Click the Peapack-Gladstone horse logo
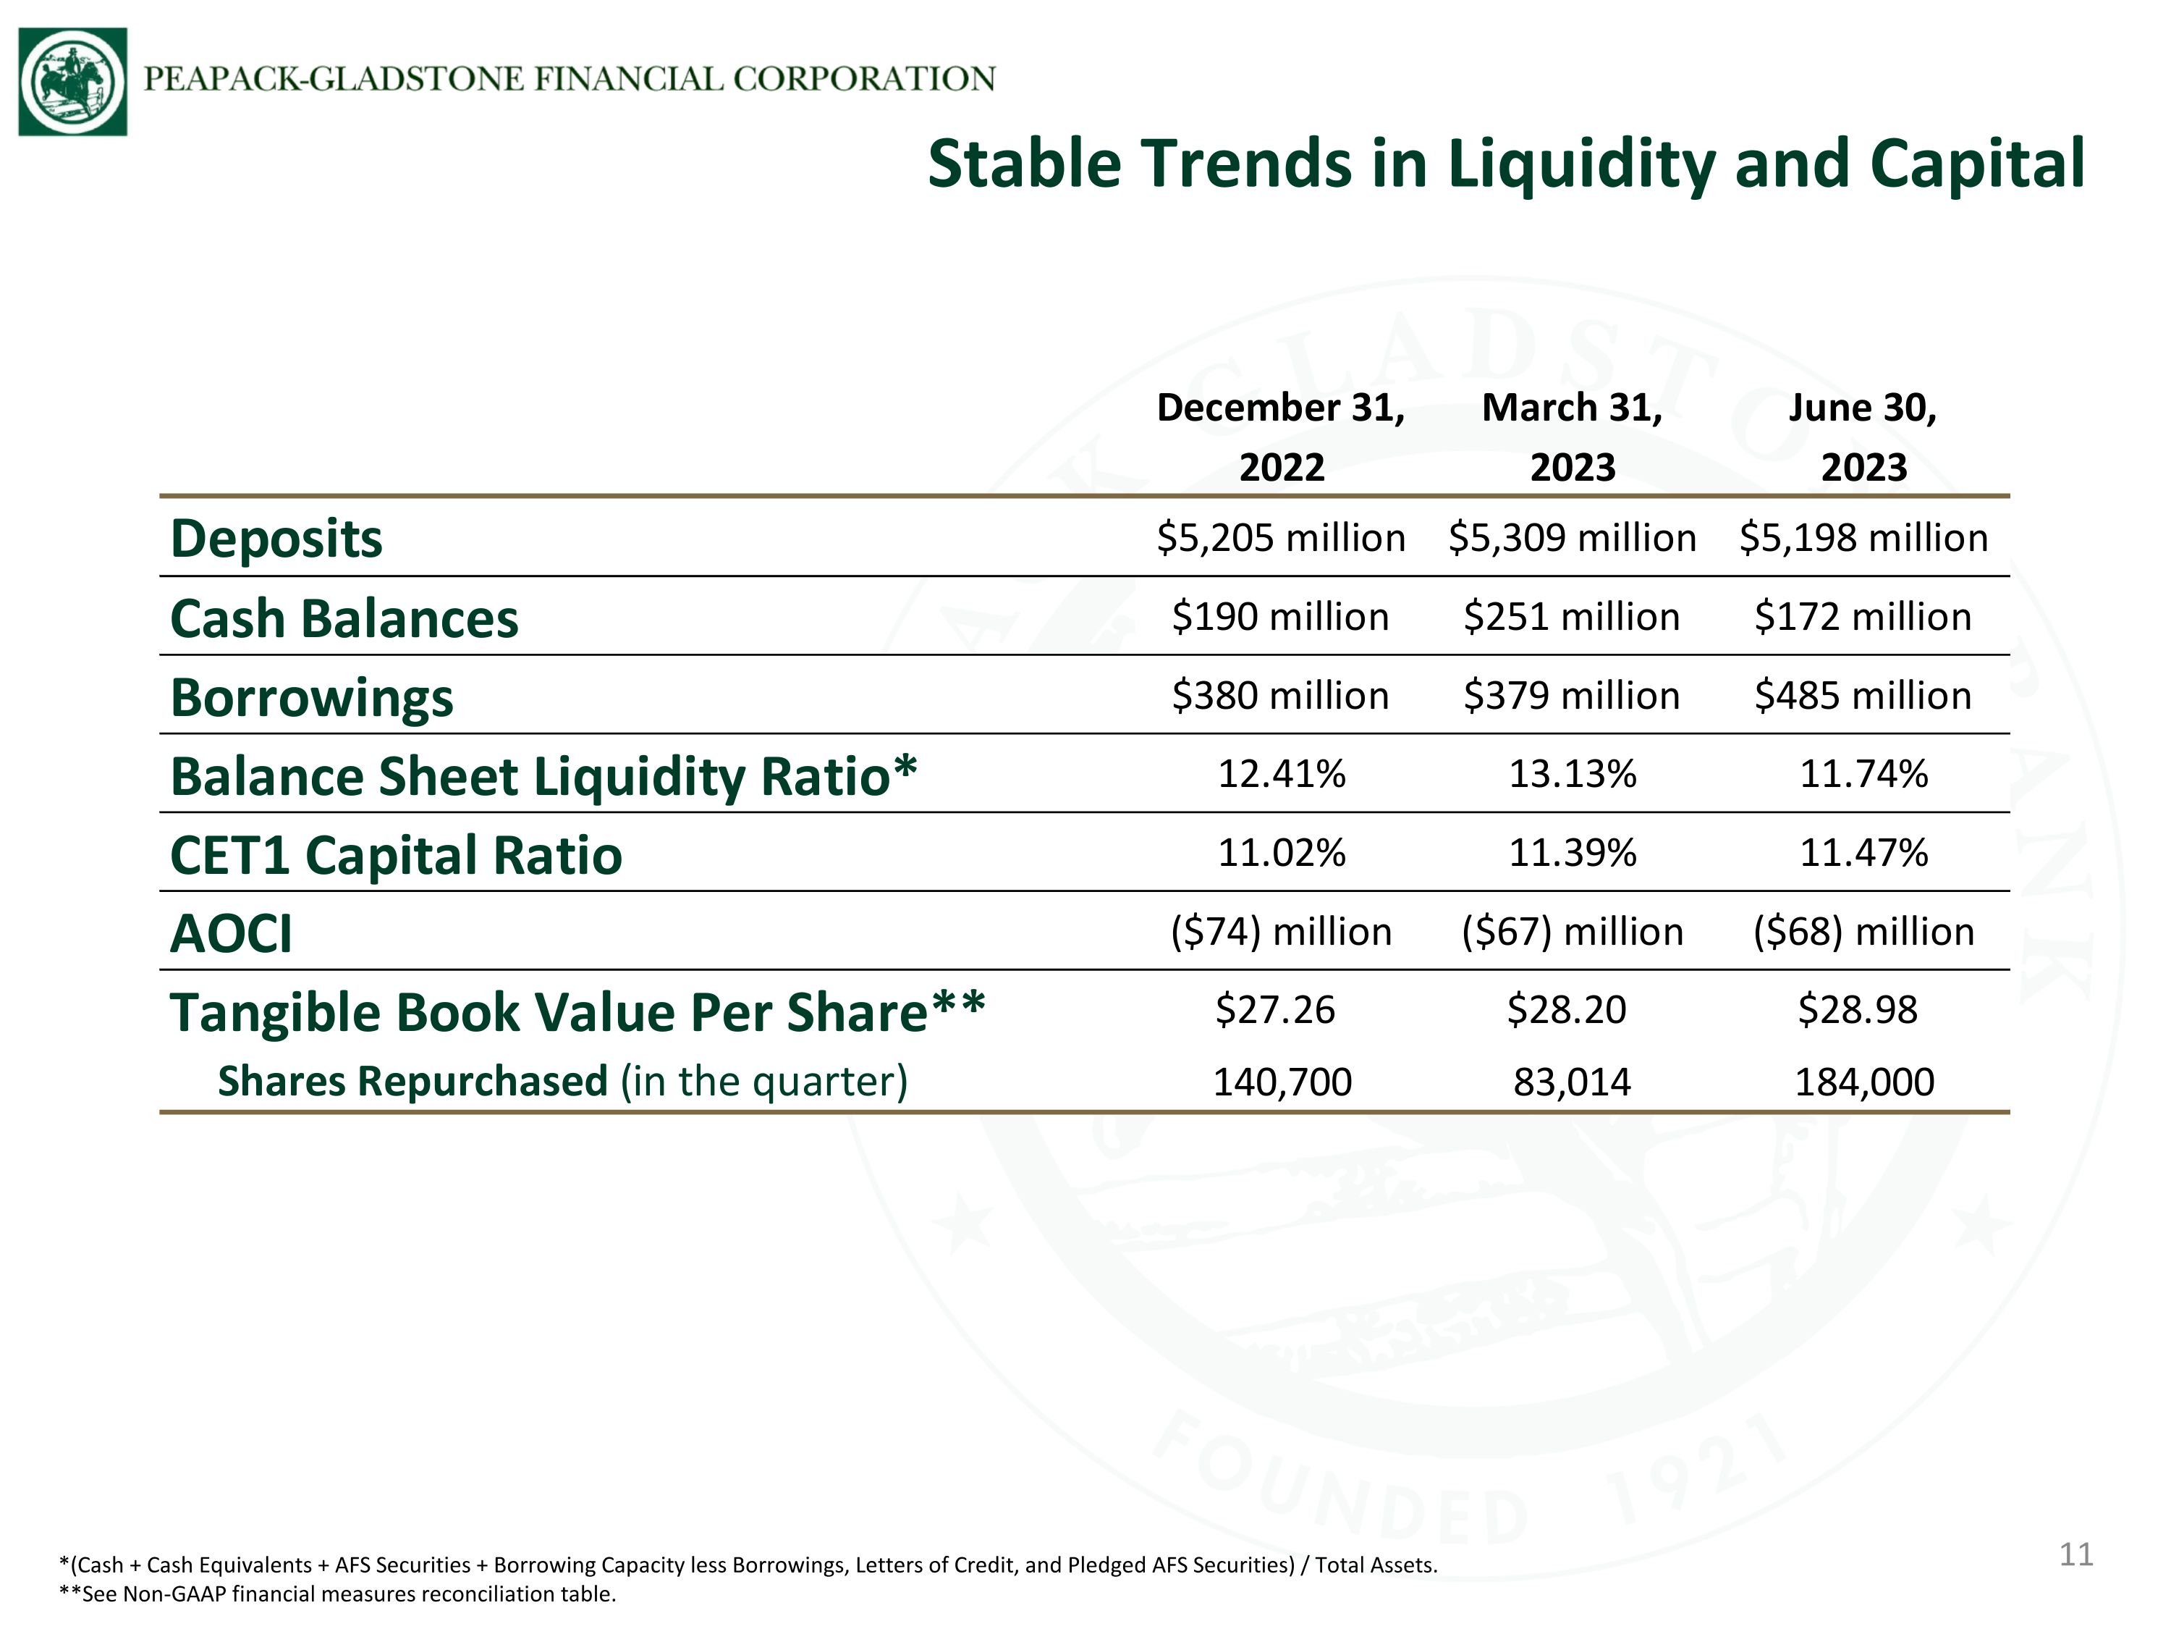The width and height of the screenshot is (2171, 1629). point(72,82)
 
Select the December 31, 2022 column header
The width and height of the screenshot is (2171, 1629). point(1281,437)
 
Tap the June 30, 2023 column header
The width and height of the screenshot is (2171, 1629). point(1863,437)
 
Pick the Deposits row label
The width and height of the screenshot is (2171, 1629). point(276,540)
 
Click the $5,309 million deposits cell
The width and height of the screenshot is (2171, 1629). point(1573,538)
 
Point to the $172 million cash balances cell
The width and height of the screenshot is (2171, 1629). point(1863,617)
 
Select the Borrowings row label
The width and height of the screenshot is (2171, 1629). point(312,698)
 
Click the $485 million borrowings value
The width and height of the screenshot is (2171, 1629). point(1863,695)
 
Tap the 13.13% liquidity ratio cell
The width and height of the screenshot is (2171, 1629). point(1573,774)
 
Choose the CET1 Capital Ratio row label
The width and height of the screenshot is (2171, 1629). point(396,855)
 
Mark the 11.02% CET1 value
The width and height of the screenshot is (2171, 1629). point(1282,852)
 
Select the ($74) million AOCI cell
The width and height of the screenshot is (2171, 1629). point(1281,932)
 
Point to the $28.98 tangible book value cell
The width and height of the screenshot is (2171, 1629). point(1857,1009)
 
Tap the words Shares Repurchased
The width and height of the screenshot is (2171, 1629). point(412,1081)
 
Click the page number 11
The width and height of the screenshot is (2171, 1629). point(2075,1554)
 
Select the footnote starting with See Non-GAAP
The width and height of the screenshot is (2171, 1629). point(338,1594)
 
